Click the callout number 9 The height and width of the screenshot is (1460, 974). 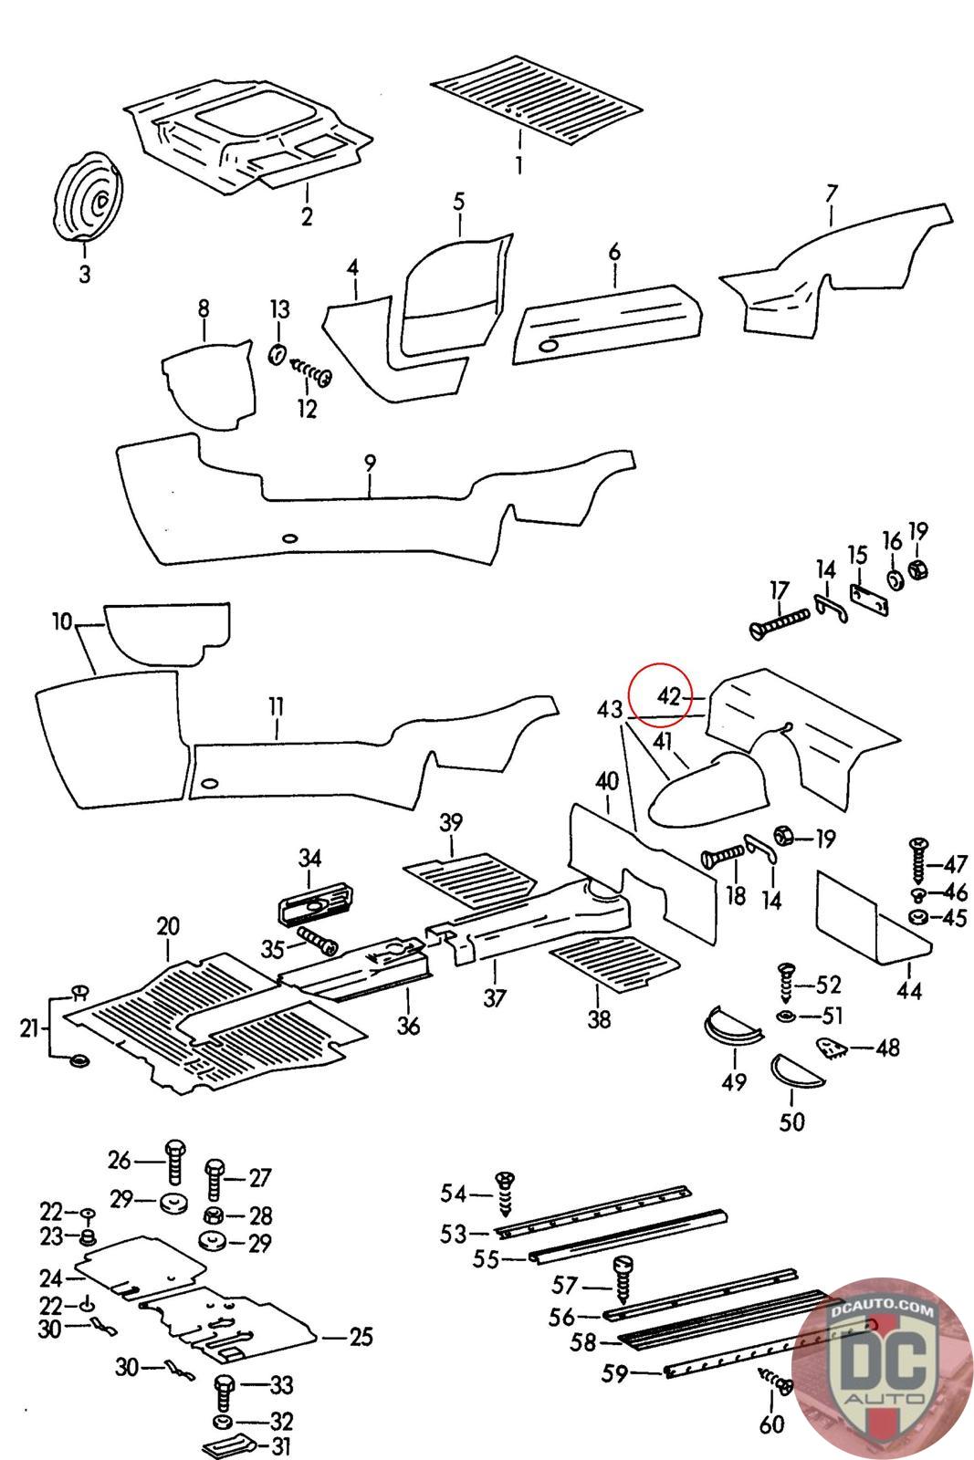point(370,463)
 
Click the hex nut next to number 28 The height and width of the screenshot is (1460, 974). point(213,1215)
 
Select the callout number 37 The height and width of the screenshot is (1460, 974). point(494,998)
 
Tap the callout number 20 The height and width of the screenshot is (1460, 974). point(168,927)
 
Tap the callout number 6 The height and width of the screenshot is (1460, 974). point(614,252)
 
